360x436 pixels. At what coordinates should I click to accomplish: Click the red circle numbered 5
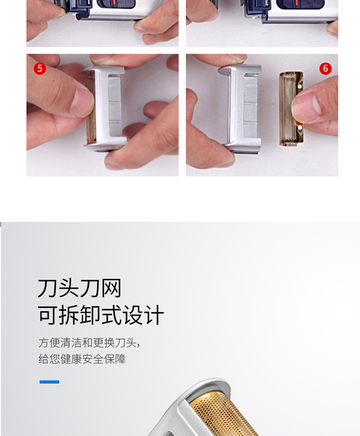click(x=40, y=69)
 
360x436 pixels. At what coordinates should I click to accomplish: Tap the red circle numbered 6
click(x=325, y=69)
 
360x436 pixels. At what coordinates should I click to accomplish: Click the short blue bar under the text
click(x=49, y=382)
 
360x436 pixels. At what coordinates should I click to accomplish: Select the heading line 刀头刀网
click(x=80, y=288)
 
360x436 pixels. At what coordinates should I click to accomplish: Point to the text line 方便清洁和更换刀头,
click(x=89, y=343)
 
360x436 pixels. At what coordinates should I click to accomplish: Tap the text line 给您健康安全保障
click(x=82, y=359)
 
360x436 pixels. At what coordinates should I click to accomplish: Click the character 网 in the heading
click(x=111, y=288)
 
